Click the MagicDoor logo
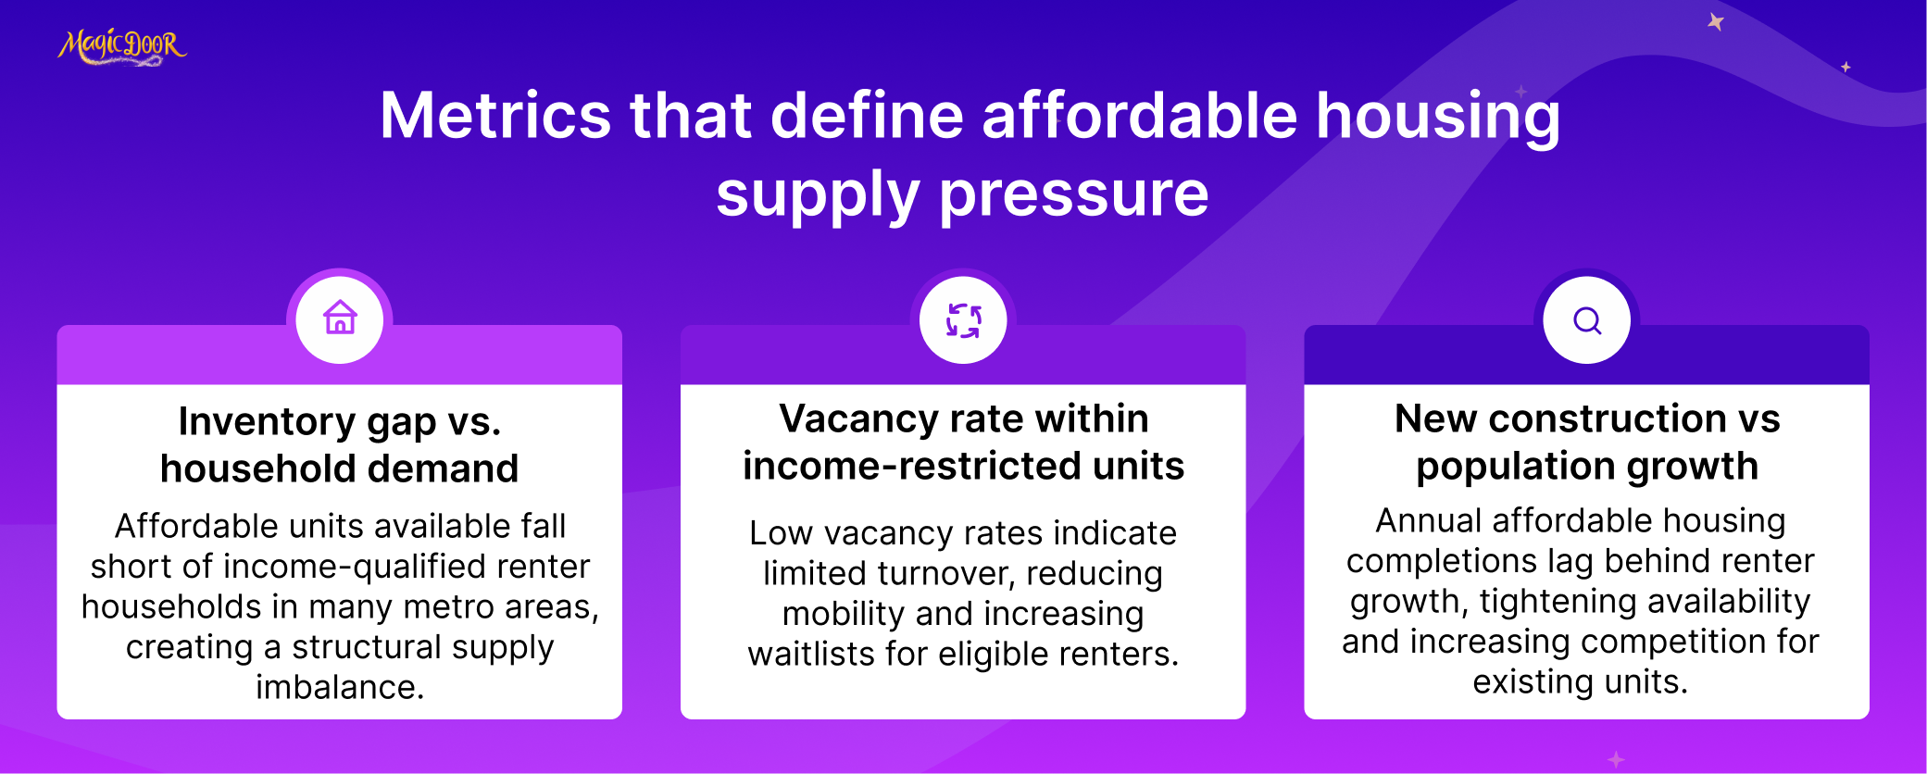click(x=122, y=46)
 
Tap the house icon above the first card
click(x=340, y=318)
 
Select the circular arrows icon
click(x=963, y=320)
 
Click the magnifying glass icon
click(x=1587, y=320)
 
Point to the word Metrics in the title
click(x=495, y=116)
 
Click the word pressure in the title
click(x=1074, y=196)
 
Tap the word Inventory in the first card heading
click(x=267, y=421)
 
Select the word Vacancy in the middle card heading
click(x=856, y=418)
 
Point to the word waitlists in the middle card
click(x=811, y=654)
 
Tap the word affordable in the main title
click(x=1140, y=116)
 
